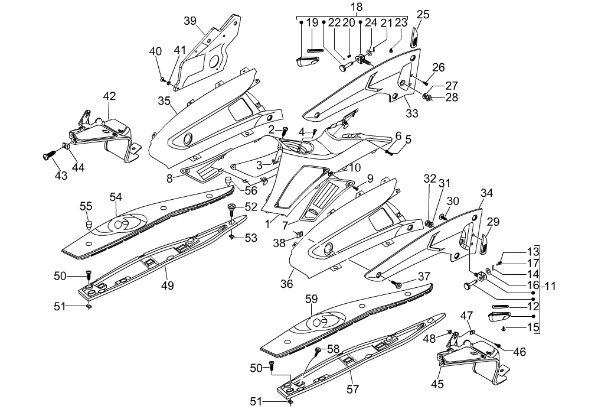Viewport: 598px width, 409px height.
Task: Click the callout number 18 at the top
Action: pos(357,7)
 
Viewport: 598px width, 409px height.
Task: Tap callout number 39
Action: pos(190,21)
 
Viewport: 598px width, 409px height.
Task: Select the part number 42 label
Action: pos(110,96)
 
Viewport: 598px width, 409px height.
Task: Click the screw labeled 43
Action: pos(47,157)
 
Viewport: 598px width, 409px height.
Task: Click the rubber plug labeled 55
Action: pos(88,224)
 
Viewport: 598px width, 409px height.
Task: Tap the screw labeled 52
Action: pos(232,206)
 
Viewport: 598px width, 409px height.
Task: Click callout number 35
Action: pos(164,100)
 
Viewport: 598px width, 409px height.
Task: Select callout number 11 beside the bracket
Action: pos(550,287)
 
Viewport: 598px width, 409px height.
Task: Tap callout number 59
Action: pos(311,299)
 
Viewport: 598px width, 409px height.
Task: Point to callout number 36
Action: pos(287,284)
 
